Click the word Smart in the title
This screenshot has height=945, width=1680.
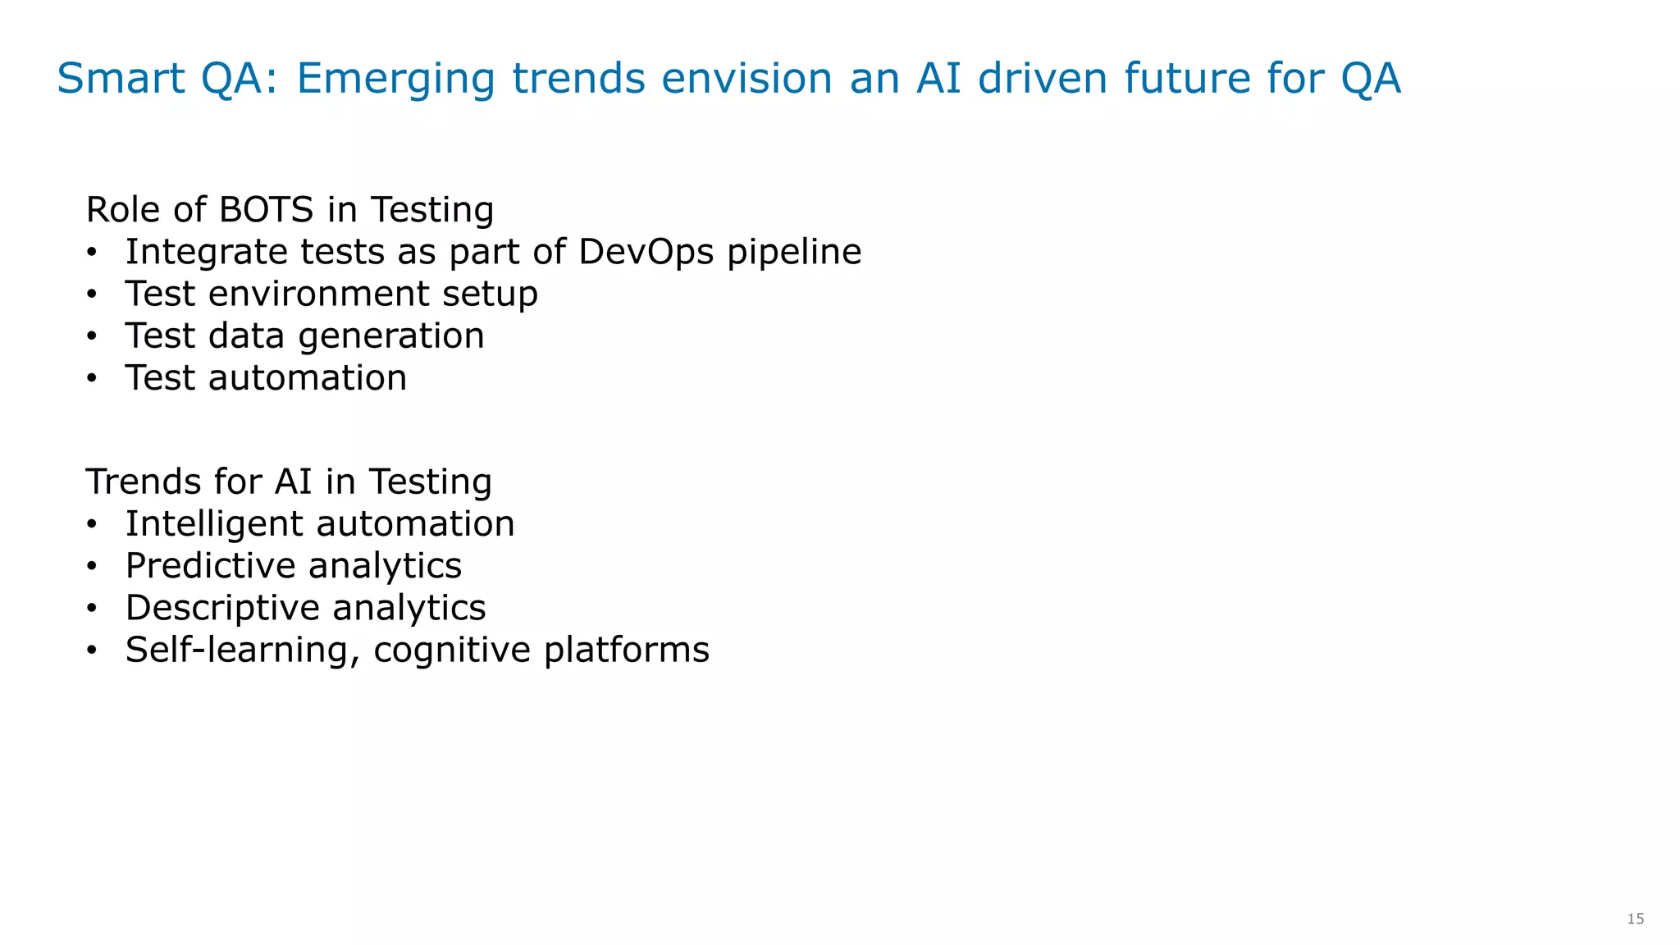(121, 79)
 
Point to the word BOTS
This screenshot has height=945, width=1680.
(266, 210)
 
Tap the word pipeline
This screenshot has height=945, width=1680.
(794, 253)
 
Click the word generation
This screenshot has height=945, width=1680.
(391, 336)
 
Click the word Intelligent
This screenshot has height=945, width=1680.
(215, 524)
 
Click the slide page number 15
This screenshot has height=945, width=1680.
(1636, 919)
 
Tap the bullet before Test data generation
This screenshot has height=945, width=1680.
(93, 336)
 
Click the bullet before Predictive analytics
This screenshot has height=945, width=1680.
(93, 566)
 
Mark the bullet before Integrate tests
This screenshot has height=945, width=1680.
(93, 253)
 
